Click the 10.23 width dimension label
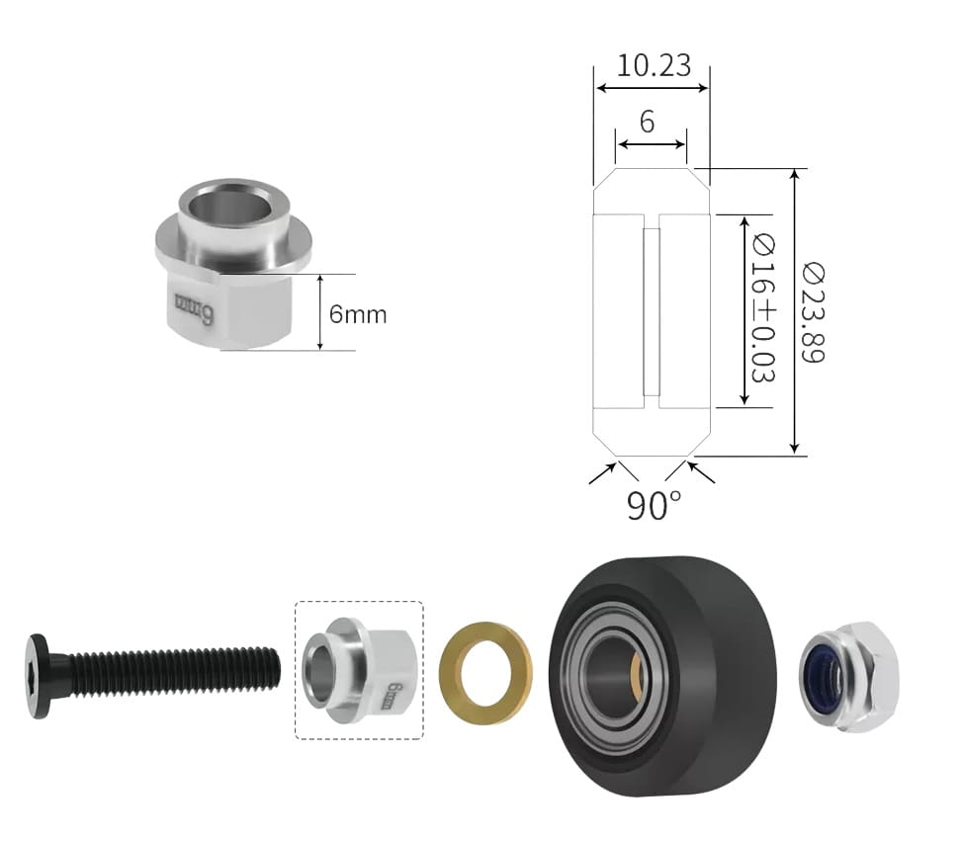point(654,65)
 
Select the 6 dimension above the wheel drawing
point(648,123)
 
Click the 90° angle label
point(655,505)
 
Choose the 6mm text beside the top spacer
point(358,314)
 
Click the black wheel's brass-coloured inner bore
point(637,675)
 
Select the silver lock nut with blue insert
point(848,676)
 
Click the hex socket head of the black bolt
point(39,676)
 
